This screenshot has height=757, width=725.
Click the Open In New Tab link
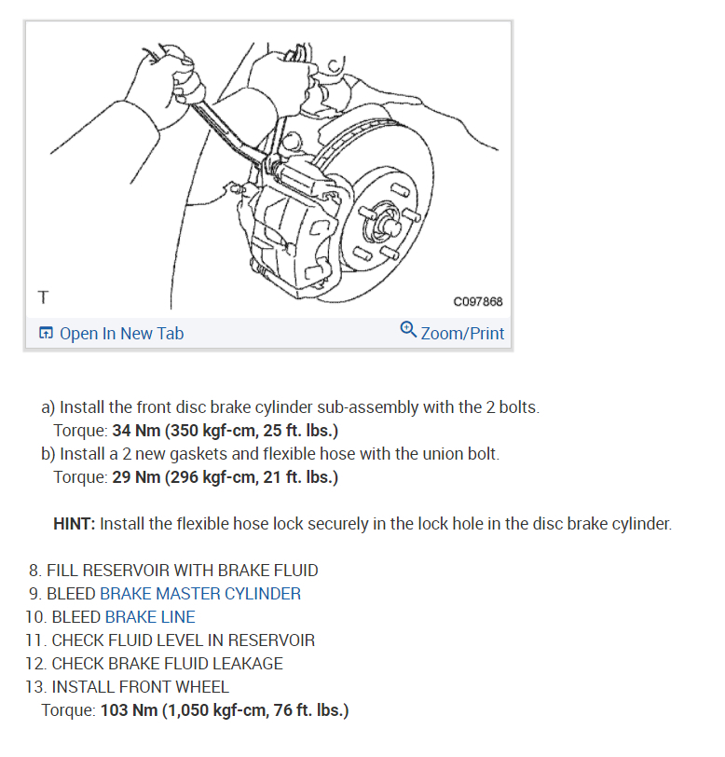pyautogui.click(x=121, y=334)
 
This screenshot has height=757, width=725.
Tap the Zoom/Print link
pyautogui.click(x=462, y=334)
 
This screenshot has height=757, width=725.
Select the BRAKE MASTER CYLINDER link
pyautogui.click(x=200, y=594)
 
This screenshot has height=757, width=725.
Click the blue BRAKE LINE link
pyautogui.click(x=150, y=617)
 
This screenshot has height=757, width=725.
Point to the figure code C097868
pyautogui.click(x=477, y=301)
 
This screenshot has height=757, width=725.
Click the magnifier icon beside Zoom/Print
pyautogui.click(x=407, y=331)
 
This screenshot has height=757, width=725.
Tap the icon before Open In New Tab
pyautogui.click(x=46, y=334)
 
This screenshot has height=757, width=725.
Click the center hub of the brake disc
pyautogui.click(x=390, y=226)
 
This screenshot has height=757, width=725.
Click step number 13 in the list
pyautogui.click(x=35, y=687)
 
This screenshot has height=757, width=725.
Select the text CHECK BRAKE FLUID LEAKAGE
pyautogui.click(x=167, y=664)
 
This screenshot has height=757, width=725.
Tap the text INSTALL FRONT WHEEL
pyautogui.click(x=140, y=687)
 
